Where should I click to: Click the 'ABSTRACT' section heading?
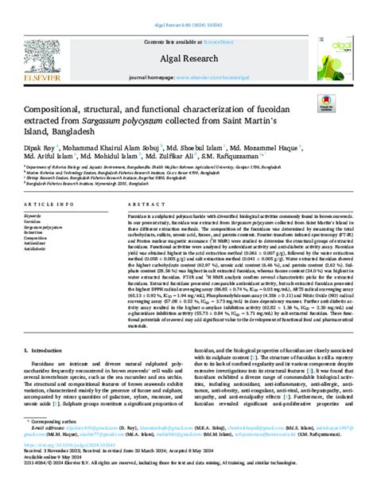click(x=142, y=203)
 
